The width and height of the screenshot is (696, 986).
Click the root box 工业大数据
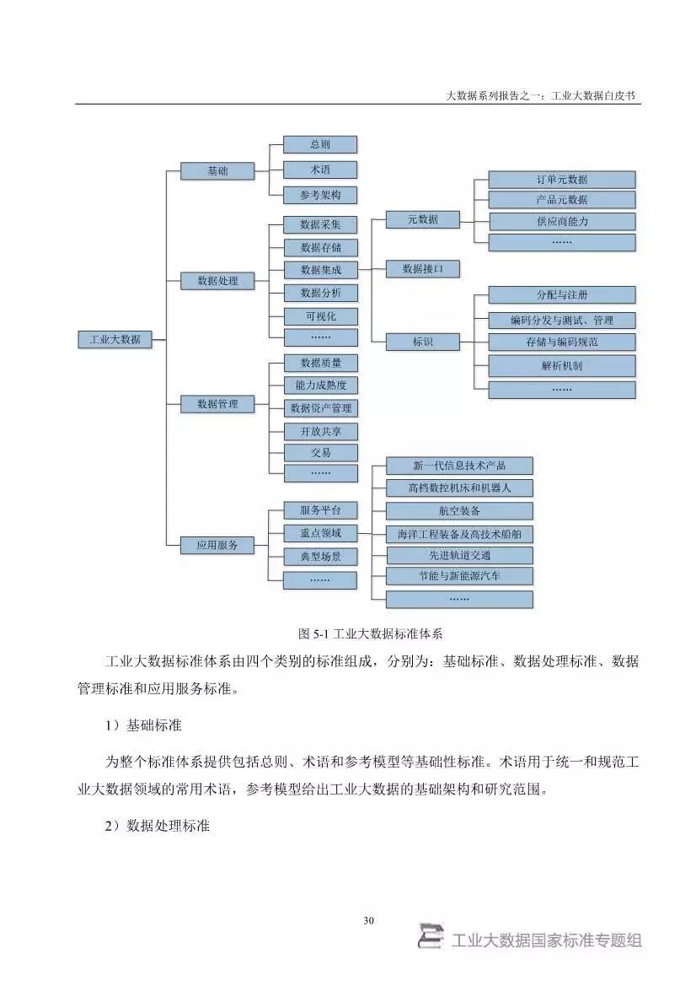115,339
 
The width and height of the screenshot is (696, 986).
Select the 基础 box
217,171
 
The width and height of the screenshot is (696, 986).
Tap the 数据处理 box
217,281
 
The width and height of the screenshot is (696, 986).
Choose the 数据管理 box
217,404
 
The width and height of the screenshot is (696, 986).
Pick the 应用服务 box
217,545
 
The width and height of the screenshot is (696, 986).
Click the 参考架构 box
320,194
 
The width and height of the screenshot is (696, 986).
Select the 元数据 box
423,219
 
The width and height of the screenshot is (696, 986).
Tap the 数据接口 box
423,269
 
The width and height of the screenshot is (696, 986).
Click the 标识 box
423,342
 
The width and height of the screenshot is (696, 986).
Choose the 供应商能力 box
562,221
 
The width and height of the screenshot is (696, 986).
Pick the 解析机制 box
562,366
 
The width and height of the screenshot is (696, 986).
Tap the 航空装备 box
459,510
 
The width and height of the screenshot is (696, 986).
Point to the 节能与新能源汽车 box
459,576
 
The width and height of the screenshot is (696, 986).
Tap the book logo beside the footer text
431,936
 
